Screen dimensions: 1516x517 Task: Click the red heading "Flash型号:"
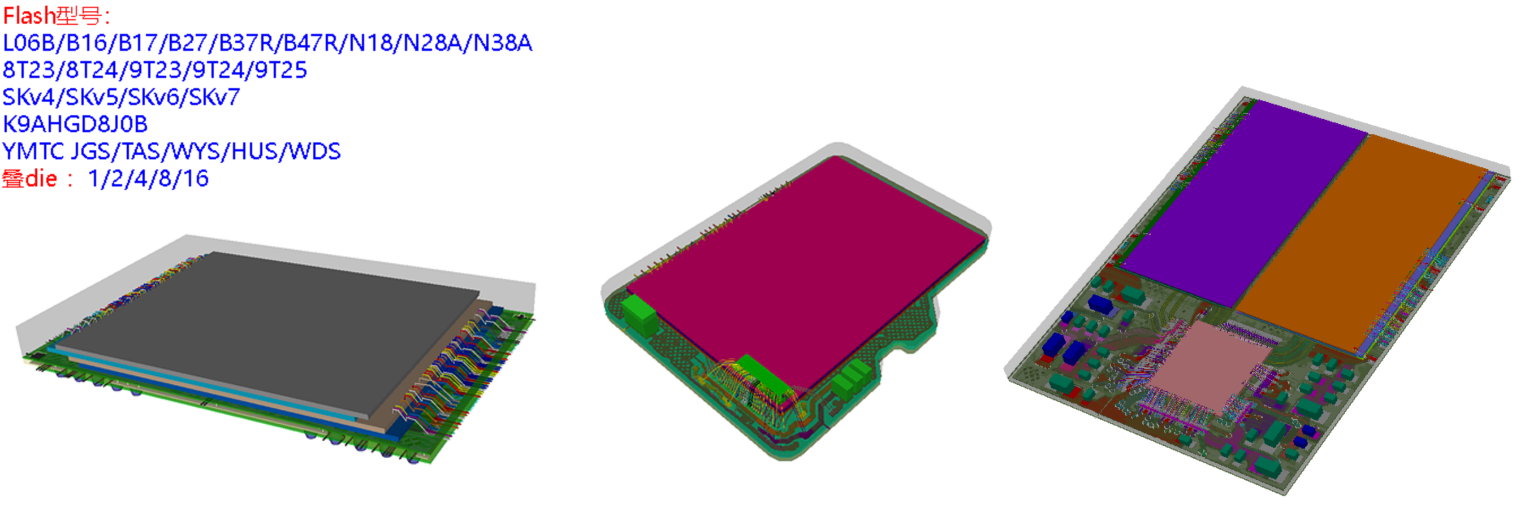pos(57,16)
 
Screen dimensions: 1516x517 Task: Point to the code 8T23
pos(29,70)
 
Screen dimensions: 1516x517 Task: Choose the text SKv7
pos(214,97)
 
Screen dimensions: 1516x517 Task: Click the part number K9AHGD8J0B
pos(75,124)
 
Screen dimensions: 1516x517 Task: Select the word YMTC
pos(33,151)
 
